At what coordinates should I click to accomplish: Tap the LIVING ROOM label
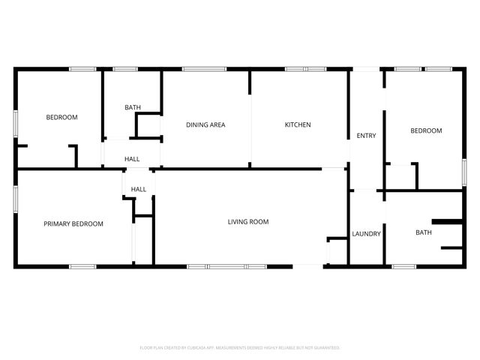click(x=248, y=221)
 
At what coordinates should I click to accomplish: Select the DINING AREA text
click(x=205, y=124)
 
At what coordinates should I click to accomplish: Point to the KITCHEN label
click(x=297, y=124)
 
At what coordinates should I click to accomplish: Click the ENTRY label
click(x=367, y=136)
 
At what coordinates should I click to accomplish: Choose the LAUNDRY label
click(x=367, y=234)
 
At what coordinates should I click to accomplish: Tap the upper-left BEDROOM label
click(x=61, y=117)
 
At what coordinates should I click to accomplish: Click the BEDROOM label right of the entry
click(x=426, y=130)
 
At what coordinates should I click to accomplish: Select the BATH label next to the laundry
click(x=424, y=232)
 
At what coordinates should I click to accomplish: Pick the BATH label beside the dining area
click(x=133, y=108)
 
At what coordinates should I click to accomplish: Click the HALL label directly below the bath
click(x=132, y=159)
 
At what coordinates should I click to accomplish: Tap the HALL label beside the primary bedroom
click(x=139, y=189)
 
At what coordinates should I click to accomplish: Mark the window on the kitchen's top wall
click(x=305, y=70)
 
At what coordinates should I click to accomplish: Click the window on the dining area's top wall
click(x=204, y=70)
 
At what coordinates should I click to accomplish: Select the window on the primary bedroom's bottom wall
click(x=82, y=266)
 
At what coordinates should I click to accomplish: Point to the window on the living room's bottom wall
click(x=226, y=266)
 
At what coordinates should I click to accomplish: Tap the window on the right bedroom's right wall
click(x=464, y=171)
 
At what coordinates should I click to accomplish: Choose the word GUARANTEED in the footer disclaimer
click(x=324, y=348)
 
